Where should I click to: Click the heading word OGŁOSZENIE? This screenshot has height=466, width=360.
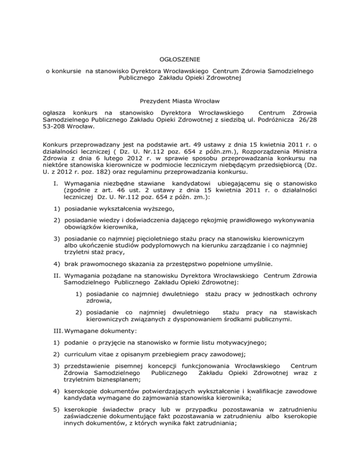(180, 60)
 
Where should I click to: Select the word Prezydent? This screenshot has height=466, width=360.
(156, 101)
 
